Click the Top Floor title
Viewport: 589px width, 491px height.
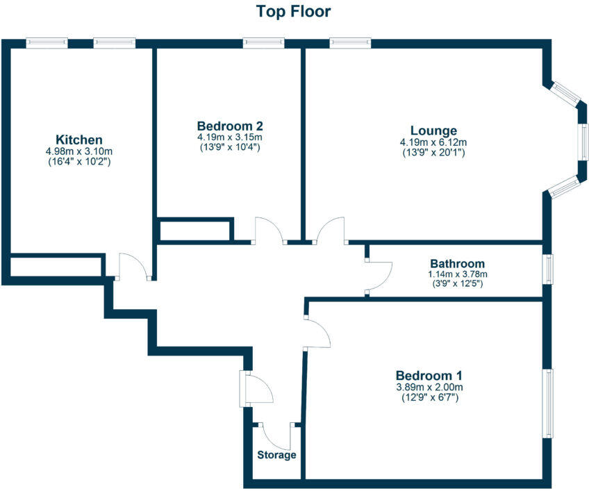(x=294, y=12)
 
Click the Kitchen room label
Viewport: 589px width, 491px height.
(x=79, y=139)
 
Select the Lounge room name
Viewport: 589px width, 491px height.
(x=433, y=131)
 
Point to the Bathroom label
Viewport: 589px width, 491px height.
(x=457, y=264)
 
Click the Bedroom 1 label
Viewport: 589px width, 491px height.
(x=429, y=376)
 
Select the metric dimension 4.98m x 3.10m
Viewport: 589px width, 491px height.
(x=79, y=151)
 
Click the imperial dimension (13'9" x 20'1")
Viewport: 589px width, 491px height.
(x=433, y=152)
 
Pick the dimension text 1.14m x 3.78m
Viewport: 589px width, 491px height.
(x=457, y=274)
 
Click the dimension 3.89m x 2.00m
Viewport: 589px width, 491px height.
(x=429, y=388)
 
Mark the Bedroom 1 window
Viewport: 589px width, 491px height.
(x=549, y=403)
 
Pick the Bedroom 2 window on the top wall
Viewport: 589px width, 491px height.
(x=264, y=43)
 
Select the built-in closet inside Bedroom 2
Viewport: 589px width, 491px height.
(x=195, y=230)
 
